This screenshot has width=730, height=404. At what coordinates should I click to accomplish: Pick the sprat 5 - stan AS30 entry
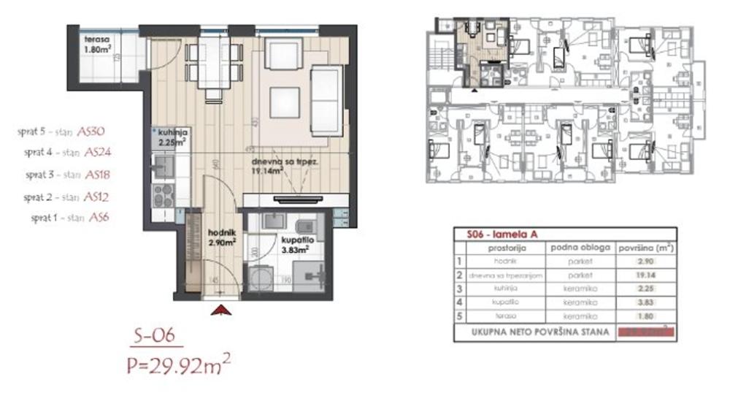coord(62,132)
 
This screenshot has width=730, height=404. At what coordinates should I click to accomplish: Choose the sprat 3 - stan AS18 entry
coord(62,175)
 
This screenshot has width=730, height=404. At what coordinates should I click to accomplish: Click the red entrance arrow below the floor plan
coord(221,310)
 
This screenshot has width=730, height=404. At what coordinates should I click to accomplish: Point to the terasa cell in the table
coord(504,316)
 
